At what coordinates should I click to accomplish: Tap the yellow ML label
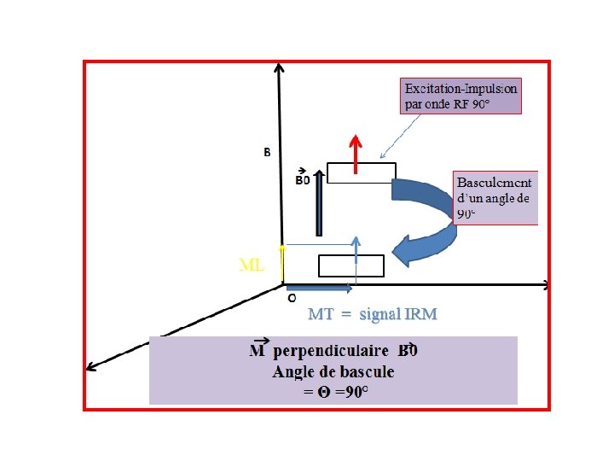[251, 266]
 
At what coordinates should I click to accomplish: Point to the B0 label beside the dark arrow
[303, 180]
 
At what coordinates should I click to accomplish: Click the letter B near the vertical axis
[267, 153]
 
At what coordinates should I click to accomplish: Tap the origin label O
[291, 299]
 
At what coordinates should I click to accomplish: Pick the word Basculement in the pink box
[495, 183]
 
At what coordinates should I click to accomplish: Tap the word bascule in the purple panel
[368, 371]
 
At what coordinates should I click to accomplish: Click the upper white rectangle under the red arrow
[361, 172]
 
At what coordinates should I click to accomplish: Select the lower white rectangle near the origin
[350, 266]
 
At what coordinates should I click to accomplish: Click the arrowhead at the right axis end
[547, 284]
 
